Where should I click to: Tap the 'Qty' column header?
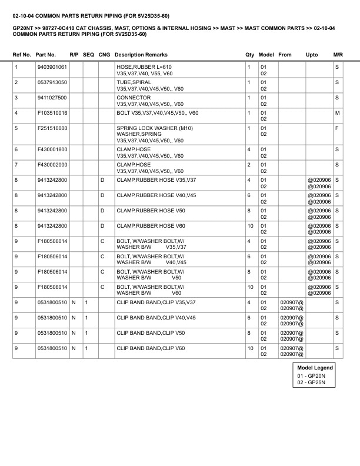(x=249, y=54)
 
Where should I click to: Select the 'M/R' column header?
(x=338, y=54)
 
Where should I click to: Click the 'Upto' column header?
(x=312, y=54)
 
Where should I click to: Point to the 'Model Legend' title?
(x=315, y=368)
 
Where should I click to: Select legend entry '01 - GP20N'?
(x=312, y=375)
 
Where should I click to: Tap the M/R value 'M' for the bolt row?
(x=338, y=112)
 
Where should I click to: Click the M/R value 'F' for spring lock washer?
(x=338, y=128)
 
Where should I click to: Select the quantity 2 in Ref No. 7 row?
(x=249, y=164)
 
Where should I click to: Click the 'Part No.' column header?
(x=46, y=54)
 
